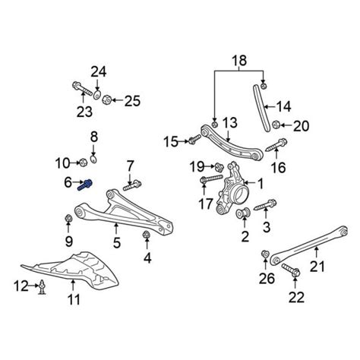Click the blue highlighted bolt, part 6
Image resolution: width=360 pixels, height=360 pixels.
[x=86, y=185]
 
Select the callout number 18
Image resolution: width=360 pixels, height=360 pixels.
[x=239, y=61]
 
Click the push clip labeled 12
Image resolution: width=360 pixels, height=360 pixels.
[x=42, y=287]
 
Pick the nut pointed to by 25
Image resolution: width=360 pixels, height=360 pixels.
[x=106, y=99]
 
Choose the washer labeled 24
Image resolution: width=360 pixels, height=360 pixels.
[x=97, y=95]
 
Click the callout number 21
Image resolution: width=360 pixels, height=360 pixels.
[x=317, y=267]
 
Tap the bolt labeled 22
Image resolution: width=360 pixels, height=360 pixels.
[x=291, y=270]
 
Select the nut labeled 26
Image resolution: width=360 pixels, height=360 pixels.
[x=265, y=254]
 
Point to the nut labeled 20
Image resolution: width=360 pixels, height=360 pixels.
[x=276, y=125]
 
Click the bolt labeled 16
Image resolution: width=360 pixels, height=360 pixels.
[x=276, y=145]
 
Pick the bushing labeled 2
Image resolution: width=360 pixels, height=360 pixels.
[x=243, y=213]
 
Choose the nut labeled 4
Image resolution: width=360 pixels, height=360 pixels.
[x=146, y=235]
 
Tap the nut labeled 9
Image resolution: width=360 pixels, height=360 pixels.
[x=68, y=219]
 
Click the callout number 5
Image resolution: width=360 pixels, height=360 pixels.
[x=117, y=243]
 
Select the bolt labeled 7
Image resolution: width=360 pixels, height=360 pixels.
[x=132, y=185]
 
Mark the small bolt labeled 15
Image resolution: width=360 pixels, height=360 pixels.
[x=194, y=140]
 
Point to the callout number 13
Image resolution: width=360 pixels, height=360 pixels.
[x=230, y=122]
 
